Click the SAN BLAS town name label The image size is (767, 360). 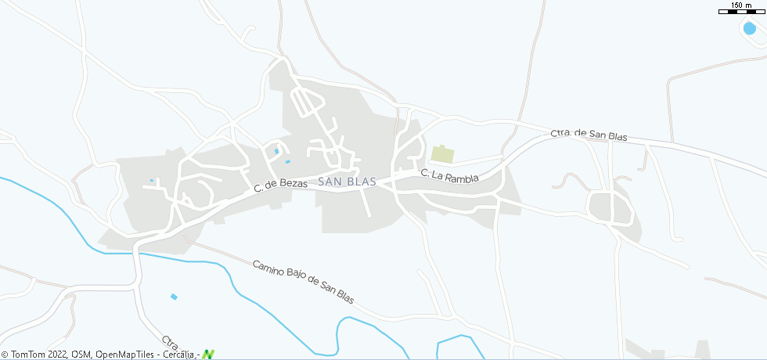[x=347, y=182]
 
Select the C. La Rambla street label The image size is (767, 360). [x=449, y=175]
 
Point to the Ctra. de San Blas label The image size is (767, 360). [x=589, y=135]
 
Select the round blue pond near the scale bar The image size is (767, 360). [x=750, y=27]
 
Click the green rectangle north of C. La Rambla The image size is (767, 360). [x=442, y=154]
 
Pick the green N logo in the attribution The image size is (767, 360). [x=207, y=354]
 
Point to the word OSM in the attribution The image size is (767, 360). [x=81, y=355]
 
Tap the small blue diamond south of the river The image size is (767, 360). [x=174, y=297]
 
